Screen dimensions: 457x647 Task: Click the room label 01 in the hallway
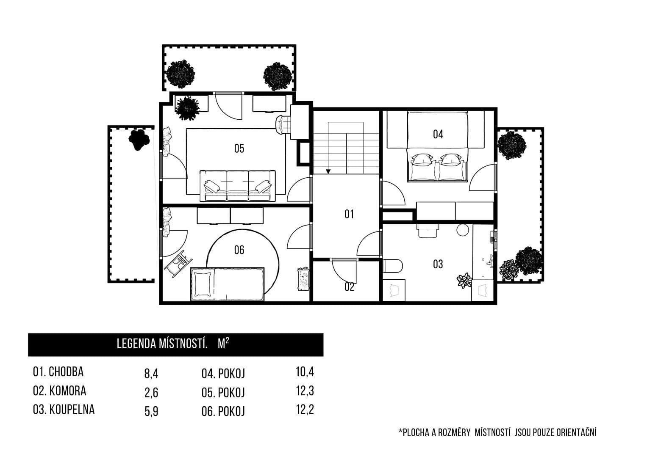(349, 214)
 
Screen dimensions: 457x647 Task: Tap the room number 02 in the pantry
(349, 287)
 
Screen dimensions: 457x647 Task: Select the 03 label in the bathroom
(438, 264)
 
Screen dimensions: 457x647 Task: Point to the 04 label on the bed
(438, 135)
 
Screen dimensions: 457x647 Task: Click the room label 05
(239, 148)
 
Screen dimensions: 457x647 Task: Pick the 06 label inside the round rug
(239, 250)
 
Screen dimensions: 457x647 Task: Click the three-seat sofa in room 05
(237, 186)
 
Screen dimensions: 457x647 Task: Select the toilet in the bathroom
(391, 266)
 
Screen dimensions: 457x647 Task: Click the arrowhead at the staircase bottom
(328, 171)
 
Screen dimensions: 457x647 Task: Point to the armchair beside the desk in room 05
(282, 124)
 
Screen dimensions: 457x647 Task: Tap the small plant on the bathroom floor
(464, 281)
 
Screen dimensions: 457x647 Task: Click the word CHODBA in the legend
(66, 372)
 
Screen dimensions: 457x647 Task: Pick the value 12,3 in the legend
(305, 391)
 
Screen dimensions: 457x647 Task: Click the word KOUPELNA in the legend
(72, 410)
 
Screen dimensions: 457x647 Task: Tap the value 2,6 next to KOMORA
(151, 393)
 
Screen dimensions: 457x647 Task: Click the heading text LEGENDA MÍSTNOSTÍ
(162, 344)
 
